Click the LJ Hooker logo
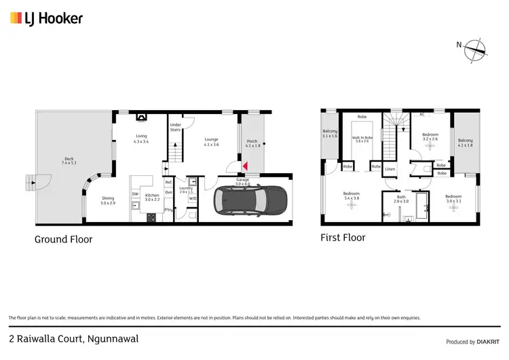46,18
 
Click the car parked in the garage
250,200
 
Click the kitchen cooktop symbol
151,217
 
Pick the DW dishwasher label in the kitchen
135,194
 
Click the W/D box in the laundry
192,198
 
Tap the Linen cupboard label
390,169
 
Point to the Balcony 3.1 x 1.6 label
330,133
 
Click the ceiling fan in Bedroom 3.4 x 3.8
351,204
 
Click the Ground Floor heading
63,239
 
